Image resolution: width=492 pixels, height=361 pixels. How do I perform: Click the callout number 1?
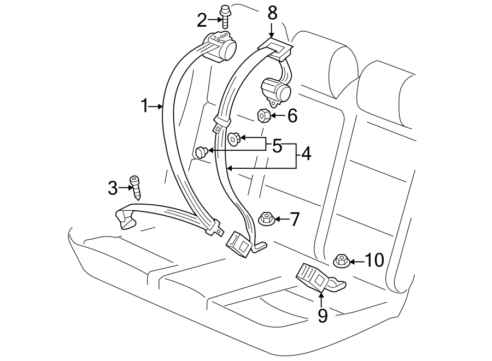(x=144, y=105)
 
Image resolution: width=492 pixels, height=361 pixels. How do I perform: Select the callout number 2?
(x=202, y=21)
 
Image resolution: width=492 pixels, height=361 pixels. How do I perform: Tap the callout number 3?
(x=113, y=189)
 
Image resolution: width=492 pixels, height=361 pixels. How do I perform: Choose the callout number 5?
(x=277, y=146)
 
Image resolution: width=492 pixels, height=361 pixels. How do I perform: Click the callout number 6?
(x=292, y=116)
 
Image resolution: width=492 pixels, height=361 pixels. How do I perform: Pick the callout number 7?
(x=295, y=220)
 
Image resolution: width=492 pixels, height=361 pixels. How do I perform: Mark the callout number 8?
(x=272, y=13)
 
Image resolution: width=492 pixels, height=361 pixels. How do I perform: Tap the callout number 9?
(x=323, y=315)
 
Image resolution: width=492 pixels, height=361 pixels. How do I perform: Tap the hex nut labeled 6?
(x=262, y=115)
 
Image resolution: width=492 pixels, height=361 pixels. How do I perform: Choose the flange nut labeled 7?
(x=265, y=219)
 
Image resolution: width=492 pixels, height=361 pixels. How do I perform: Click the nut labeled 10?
(x=341, y=261)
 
